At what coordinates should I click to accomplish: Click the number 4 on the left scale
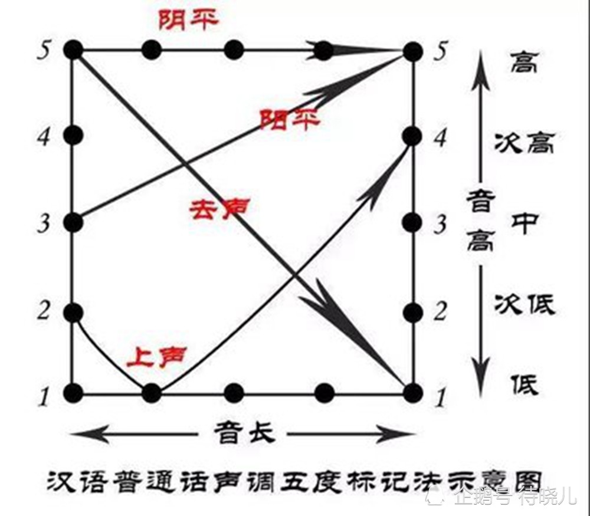point(42,137)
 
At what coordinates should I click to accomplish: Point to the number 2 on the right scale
point(440,313)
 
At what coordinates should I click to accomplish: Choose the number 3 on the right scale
point(440,225)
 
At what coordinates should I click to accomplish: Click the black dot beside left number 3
point(73,222)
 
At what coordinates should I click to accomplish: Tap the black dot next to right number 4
point(412,136)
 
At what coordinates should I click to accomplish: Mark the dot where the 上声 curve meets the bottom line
point(152,392)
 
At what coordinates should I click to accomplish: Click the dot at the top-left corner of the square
point(73,50)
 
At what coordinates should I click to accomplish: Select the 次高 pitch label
point(524,143)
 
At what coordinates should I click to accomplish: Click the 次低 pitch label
point(524,306)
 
